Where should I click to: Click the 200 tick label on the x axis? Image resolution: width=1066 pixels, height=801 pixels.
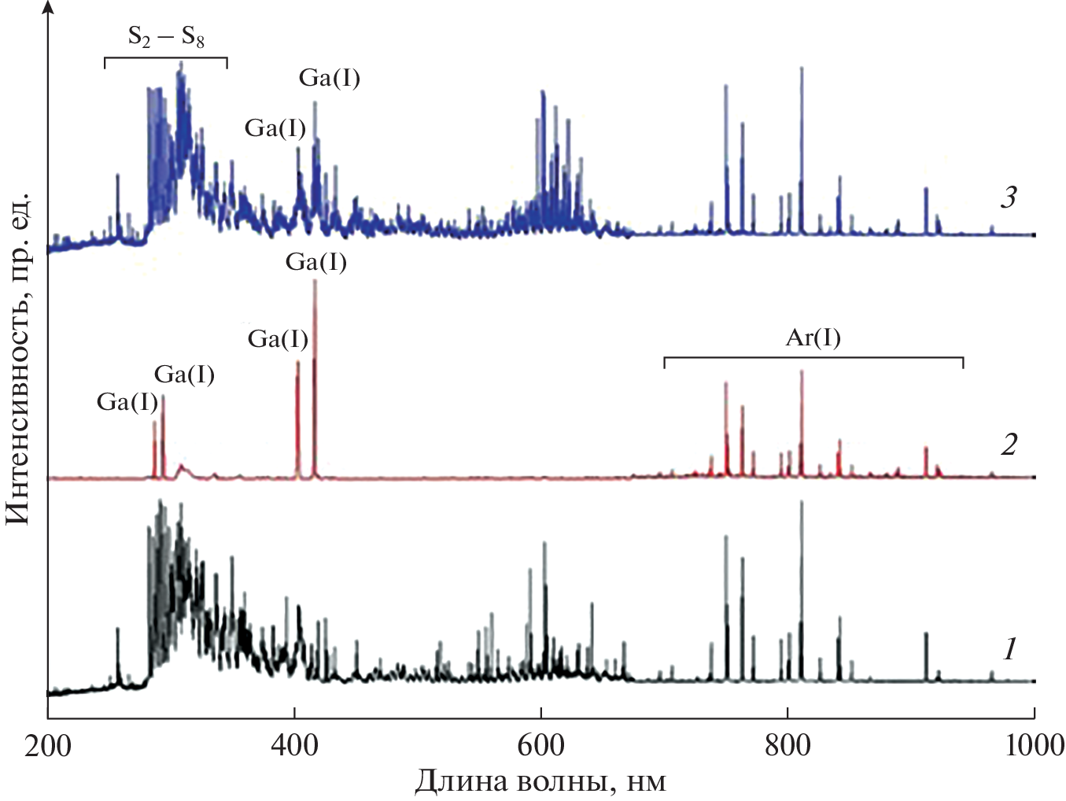point(48,744)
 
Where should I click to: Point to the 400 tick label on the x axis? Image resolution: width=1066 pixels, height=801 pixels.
point(294,744)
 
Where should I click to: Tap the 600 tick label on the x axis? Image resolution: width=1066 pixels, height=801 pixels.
point(540,744)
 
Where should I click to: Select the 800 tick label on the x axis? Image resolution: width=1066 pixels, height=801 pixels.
point(788,744)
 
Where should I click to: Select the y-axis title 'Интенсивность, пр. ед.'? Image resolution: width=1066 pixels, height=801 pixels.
point(17,357)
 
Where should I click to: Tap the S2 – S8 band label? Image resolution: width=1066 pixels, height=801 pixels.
point(166,36)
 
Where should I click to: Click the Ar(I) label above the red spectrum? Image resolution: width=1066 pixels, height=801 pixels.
point(813,338)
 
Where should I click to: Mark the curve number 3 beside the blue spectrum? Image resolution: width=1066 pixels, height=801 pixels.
point(1009,197)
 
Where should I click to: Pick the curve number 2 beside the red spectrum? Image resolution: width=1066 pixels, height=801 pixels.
point(1009,445)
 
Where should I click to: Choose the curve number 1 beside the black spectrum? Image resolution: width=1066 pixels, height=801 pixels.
point(1009,649)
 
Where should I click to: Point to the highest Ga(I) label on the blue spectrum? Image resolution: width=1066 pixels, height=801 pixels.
point(330,78)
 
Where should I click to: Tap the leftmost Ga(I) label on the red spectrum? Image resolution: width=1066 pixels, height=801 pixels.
point(127,402)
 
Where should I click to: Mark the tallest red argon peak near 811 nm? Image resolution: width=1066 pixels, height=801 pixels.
point(802,372)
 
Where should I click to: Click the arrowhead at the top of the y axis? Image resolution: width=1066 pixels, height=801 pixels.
point(48,6)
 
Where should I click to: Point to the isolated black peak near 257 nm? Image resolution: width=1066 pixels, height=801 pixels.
point(118,629)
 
